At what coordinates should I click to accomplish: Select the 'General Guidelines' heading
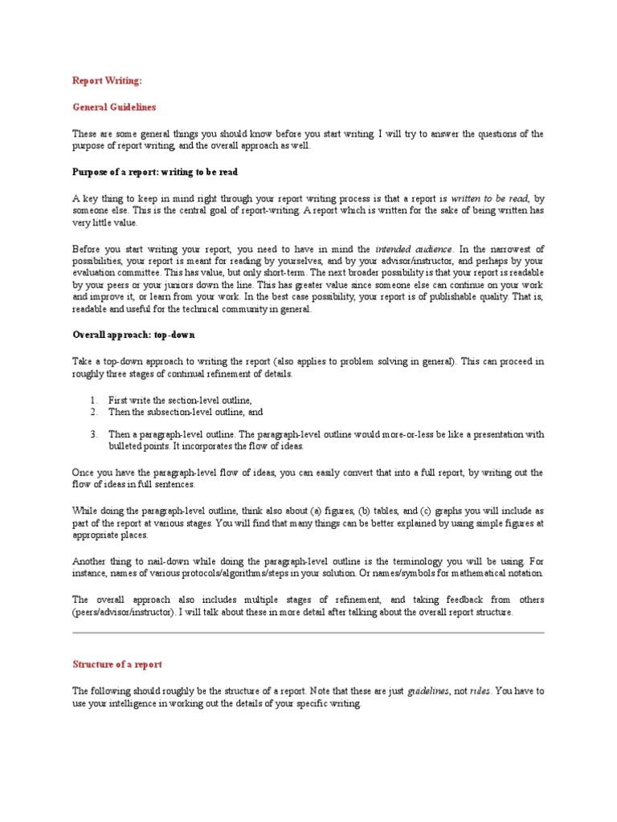114,107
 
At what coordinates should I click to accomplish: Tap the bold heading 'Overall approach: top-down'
134,334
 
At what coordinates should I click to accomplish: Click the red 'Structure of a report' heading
117,664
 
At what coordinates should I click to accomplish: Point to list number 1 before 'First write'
93,400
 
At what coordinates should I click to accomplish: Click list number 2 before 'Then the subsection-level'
93,412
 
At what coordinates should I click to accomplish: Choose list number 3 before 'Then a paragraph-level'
93,434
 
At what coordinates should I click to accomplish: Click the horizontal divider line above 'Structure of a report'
308,633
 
